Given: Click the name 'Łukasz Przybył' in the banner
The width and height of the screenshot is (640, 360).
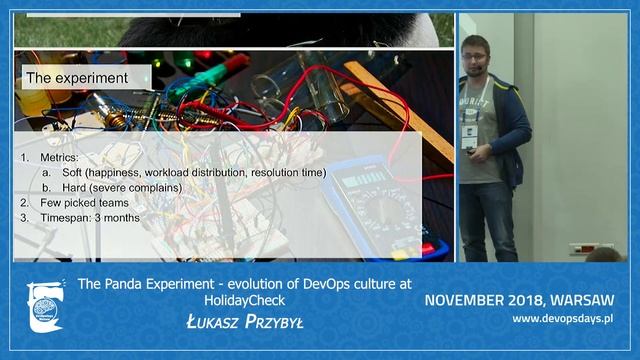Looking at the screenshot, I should (244, 321).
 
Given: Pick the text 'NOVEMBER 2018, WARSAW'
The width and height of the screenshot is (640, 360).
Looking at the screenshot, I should (518, 300).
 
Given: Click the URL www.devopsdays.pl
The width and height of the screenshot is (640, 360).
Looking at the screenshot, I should (562, 318).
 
